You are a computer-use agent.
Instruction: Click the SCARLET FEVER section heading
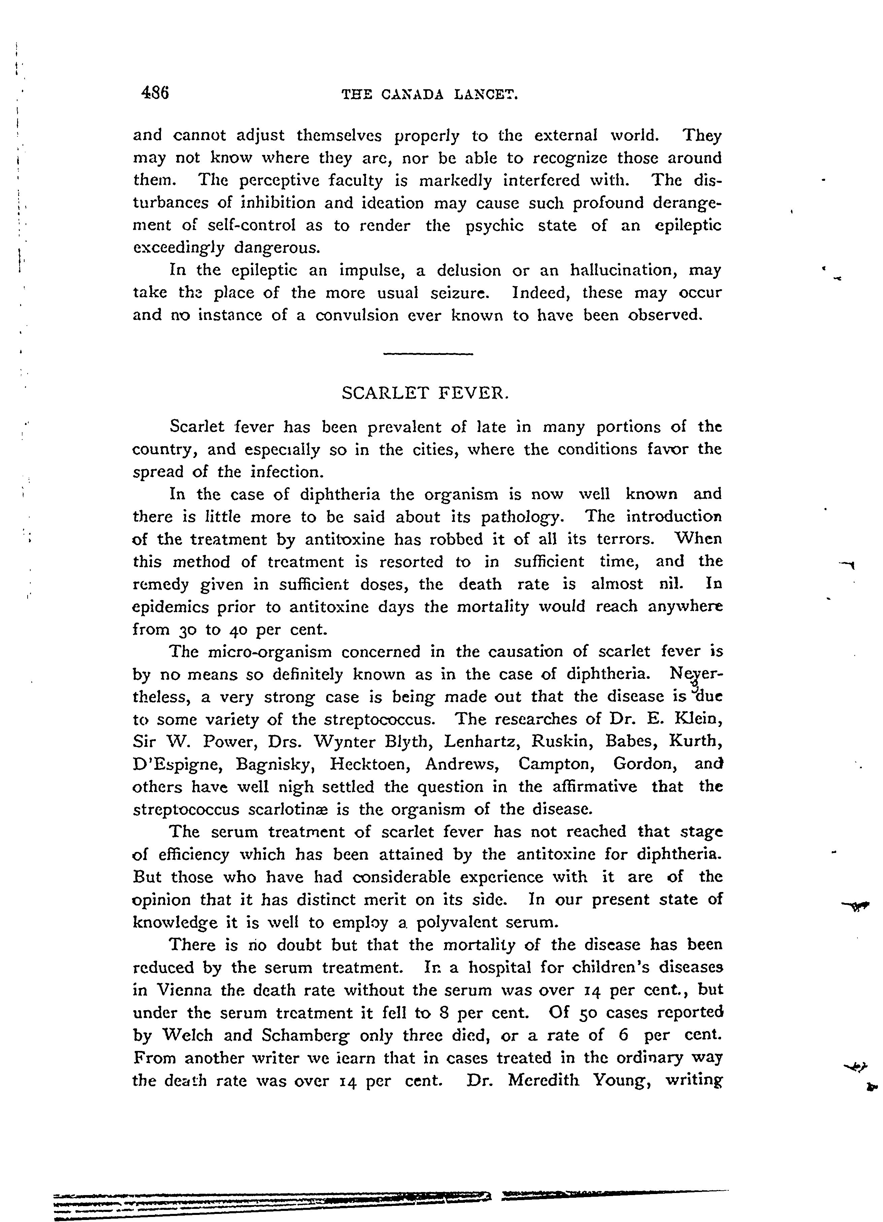(x=425, y=393)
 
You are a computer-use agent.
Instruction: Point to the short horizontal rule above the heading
(x=428, y=354)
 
